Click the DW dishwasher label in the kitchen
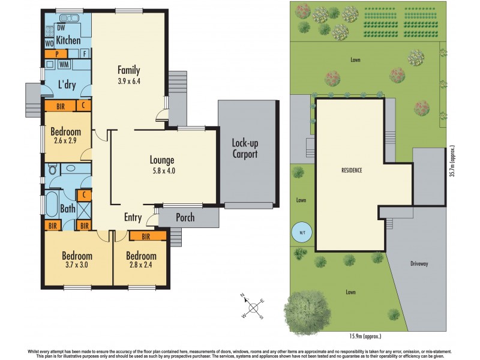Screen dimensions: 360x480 click(x=61, y=28)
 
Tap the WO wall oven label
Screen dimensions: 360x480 click(x=49, y=43)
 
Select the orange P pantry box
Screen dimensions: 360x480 click(x=57, y=54)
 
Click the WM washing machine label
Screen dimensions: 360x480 click(x=64, y=64)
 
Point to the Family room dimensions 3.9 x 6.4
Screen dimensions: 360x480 click(x=130, y=81)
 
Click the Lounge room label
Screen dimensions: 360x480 click(x=162, y=160)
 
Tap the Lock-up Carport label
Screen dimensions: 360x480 click(x=245, y=149)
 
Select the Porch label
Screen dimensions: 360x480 click(x=185, y=217)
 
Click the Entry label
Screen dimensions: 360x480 click(x=133, y=217)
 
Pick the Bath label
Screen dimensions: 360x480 click(x=68, y=209)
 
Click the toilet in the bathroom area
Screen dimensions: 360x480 click(x=53, y=170)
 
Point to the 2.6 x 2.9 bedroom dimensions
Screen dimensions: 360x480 click(x=66, y=142)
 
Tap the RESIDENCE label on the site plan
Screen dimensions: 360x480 click(x=352, y=170)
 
